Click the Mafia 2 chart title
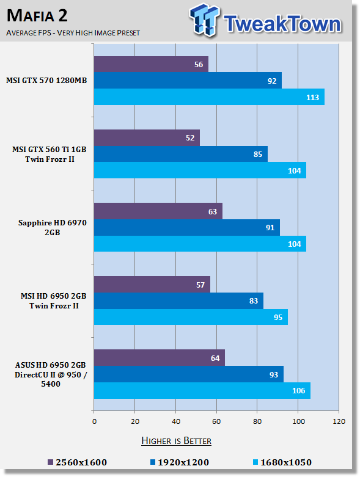pyautogui.click(x=37, y=16)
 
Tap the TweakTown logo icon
pyautogui.click(x=204, y=20)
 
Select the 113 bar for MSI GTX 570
pyautogui.click(x=209, y=97)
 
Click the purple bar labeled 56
pyautogui.click(x=151, y=64)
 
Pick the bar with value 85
pyautogui.click(x=181, y=154)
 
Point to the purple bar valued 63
pyautogui.click(x=158, y=211)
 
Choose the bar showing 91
pyautogui.click(x=187, y=228)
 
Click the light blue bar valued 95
pyautogui.click(x=191, y=317)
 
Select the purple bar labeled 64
pyautogui.click(x=160, y=358)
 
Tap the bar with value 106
pyautogui.click(x=202, y=391)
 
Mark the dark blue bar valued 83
pyautogui.click(x=178, y=301)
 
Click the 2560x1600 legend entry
pyautogui.click(x=77, y=462)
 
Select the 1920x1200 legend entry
pyautogui.click(x=180, y=462)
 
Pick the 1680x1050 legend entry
pyautogui.click(x=282, y=462)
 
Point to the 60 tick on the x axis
pyautogui.click(x=216, y=421)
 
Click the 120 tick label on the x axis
pyautogui.click(x=339, y=421)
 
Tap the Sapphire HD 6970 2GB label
pyautogui.click(x=53, y=228)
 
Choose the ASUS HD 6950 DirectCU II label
pyautogui.click(x=51, y=374)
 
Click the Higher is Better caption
pyautogui.click(x=177, y=441)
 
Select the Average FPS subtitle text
pyautogui.click(x=73, y=32)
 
